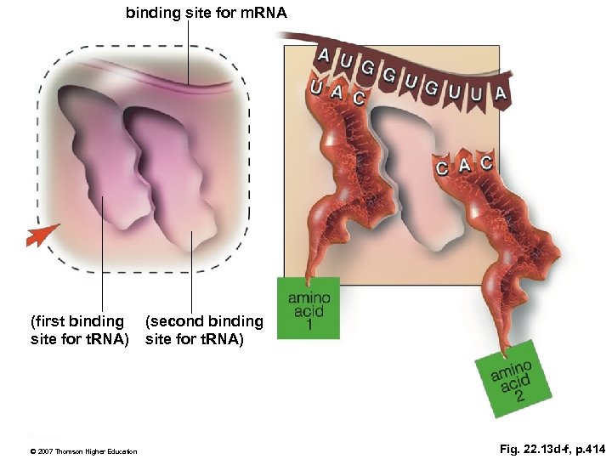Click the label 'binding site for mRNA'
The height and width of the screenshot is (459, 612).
[x=207, y=13]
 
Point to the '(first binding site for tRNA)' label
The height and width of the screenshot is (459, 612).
[x=78, y=331]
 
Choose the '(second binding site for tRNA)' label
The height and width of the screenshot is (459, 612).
[x=204, y=331]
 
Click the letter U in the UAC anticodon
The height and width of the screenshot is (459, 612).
[x=317, y=87]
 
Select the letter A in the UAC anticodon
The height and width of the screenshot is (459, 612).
[x=337, y=93]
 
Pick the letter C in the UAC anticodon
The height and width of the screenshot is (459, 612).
[x=359, y=98]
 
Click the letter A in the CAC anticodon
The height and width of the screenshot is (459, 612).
[x=464, y=165]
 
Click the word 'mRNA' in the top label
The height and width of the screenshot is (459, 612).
[x=264, y=13]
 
